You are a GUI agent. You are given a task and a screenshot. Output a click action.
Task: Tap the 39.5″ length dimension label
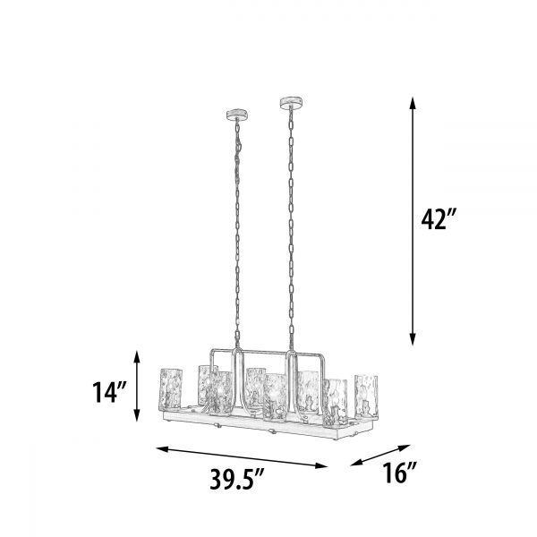point(236,479)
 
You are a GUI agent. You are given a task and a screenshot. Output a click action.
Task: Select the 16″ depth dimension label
point(399,473)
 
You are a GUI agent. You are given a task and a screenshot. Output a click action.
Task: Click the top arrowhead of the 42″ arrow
point(413,103)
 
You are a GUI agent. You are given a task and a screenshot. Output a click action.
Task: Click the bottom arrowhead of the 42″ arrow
point(413,339)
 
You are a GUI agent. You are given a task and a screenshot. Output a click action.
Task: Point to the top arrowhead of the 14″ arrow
point(137,356)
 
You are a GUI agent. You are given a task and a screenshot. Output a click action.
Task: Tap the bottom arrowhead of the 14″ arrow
point(137,415)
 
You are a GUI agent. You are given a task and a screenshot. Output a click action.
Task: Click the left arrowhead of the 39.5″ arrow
point(163,449)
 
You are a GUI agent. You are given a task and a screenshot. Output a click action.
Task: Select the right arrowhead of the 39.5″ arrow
point(321,465)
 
